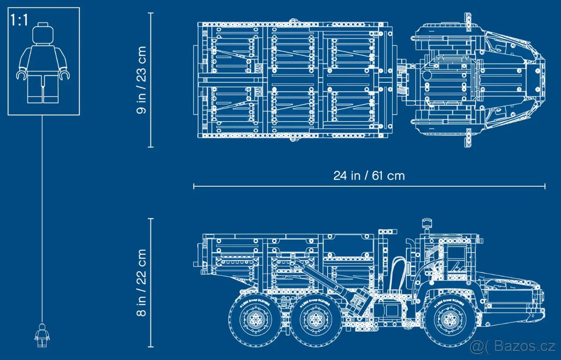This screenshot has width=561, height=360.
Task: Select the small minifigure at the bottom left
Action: pyautogui.click(x=42, y=335)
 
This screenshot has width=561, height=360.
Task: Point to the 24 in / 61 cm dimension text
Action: pyautogui.click(x=369, y=176)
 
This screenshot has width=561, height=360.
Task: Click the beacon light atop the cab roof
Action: pyautogui.click(x=425, y=223)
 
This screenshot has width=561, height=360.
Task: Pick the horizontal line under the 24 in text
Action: pyautogui.click(x=369, y=186)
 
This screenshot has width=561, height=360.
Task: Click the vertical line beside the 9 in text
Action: pyautogui.click(x=151, y=80)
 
